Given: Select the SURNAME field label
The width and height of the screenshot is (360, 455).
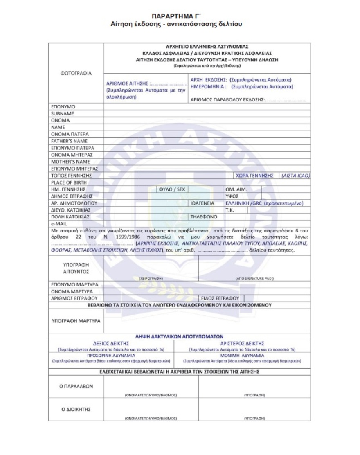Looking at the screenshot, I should click(x=62, y=114).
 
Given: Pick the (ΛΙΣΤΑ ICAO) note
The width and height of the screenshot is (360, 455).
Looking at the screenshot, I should click(x=295, y=176).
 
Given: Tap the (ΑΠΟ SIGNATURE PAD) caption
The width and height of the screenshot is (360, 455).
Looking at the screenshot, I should click(x=254, y=278).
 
